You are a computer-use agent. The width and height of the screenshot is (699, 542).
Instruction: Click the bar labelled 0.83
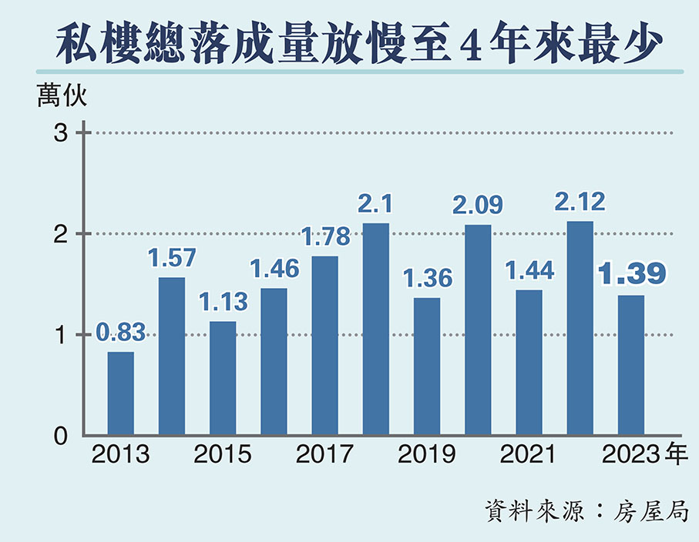pos(120,393)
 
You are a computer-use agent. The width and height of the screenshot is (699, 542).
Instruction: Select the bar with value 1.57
pos(172,356)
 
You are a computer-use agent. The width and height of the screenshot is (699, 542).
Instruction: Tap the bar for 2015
pos(223,377)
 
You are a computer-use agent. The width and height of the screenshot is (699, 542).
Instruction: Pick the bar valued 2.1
pos(376,329)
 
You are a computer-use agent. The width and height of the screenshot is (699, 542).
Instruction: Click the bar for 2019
pos(427,366)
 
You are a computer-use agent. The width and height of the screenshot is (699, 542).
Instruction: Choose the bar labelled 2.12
pos(580,328)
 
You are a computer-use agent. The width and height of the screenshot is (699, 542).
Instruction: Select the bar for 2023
pos(631,365)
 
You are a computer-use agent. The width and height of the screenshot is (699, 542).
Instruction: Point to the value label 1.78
pos(325,236)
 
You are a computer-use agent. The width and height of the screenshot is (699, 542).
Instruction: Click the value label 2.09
pos(478,205)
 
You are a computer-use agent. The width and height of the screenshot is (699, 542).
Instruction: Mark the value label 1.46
pos(274,269)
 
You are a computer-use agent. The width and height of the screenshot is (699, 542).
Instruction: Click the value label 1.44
pos(529,270)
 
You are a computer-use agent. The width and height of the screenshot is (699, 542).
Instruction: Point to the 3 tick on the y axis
pos(62,133)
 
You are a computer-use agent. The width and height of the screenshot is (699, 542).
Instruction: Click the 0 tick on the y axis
pos(62,436)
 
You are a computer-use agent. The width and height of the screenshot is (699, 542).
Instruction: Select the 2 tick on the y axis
pos(62,234)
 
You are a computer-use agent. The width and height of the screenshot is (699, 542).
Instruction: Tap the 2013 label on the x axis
pos(120,454)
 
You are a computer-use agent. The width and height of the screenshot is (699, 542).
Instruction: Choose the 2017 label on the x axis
pos(324,454)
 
